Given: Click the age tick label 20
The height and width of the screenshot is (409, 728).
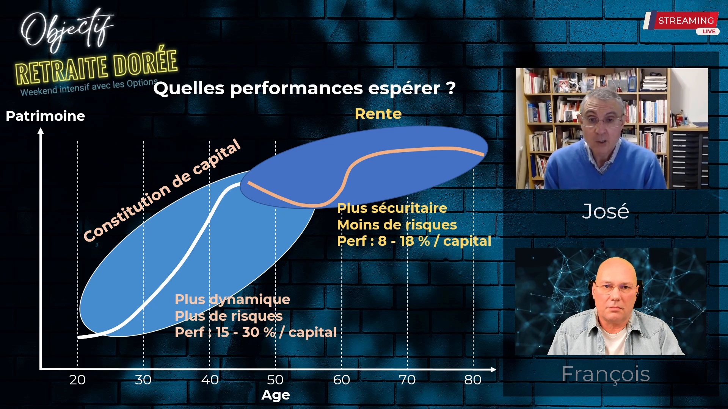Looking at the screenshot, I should click(x=77, y=380).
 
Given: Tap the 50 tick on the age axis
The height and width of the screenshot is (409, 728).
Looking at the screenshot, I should click(x=275, y=380).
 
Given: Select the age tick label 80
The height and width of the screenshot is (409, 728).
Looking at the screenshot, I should click(x=473, y=380).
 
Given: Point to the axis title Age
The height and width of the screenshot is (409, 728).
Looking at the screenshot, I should click(x=276, y=395).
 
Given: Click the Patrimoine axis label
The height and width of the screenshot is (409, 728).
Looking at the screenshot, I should click(x=45, y=116).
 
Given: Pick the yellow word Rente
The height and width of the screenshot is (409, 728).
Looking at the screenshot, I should click(x=378, y=114).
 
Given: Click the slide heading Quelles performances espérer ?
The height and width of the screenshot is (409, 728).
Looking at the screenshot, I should click(x=304, y=88).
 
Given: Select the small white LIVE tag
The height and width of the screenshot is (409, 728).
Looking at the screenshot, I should click(x=708, y=31).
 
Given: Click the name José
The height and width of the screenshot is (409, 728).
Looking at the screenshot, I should click(x=606, y=211).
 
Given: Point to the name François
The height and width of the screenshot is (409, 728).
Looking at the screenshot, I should click(x=606, y=374).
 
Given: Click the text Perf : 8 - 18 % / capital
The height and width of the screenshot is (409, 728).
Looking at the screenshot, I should click(x=414, y=241).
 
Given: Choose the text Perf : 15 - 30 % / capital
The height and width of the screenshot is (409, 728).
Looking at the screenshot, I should click(x=255, y=332).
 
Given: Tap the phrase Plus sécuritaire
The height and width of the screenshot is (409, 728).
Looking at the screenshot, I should click(x=392, y=208).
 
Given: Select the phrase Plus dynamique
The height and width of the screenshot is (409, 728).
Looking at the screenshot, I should click(x=232, y=299).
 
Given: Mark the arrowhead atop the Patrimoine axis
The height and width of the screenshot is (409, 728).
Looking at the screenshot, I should click(x=41, y=131).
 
